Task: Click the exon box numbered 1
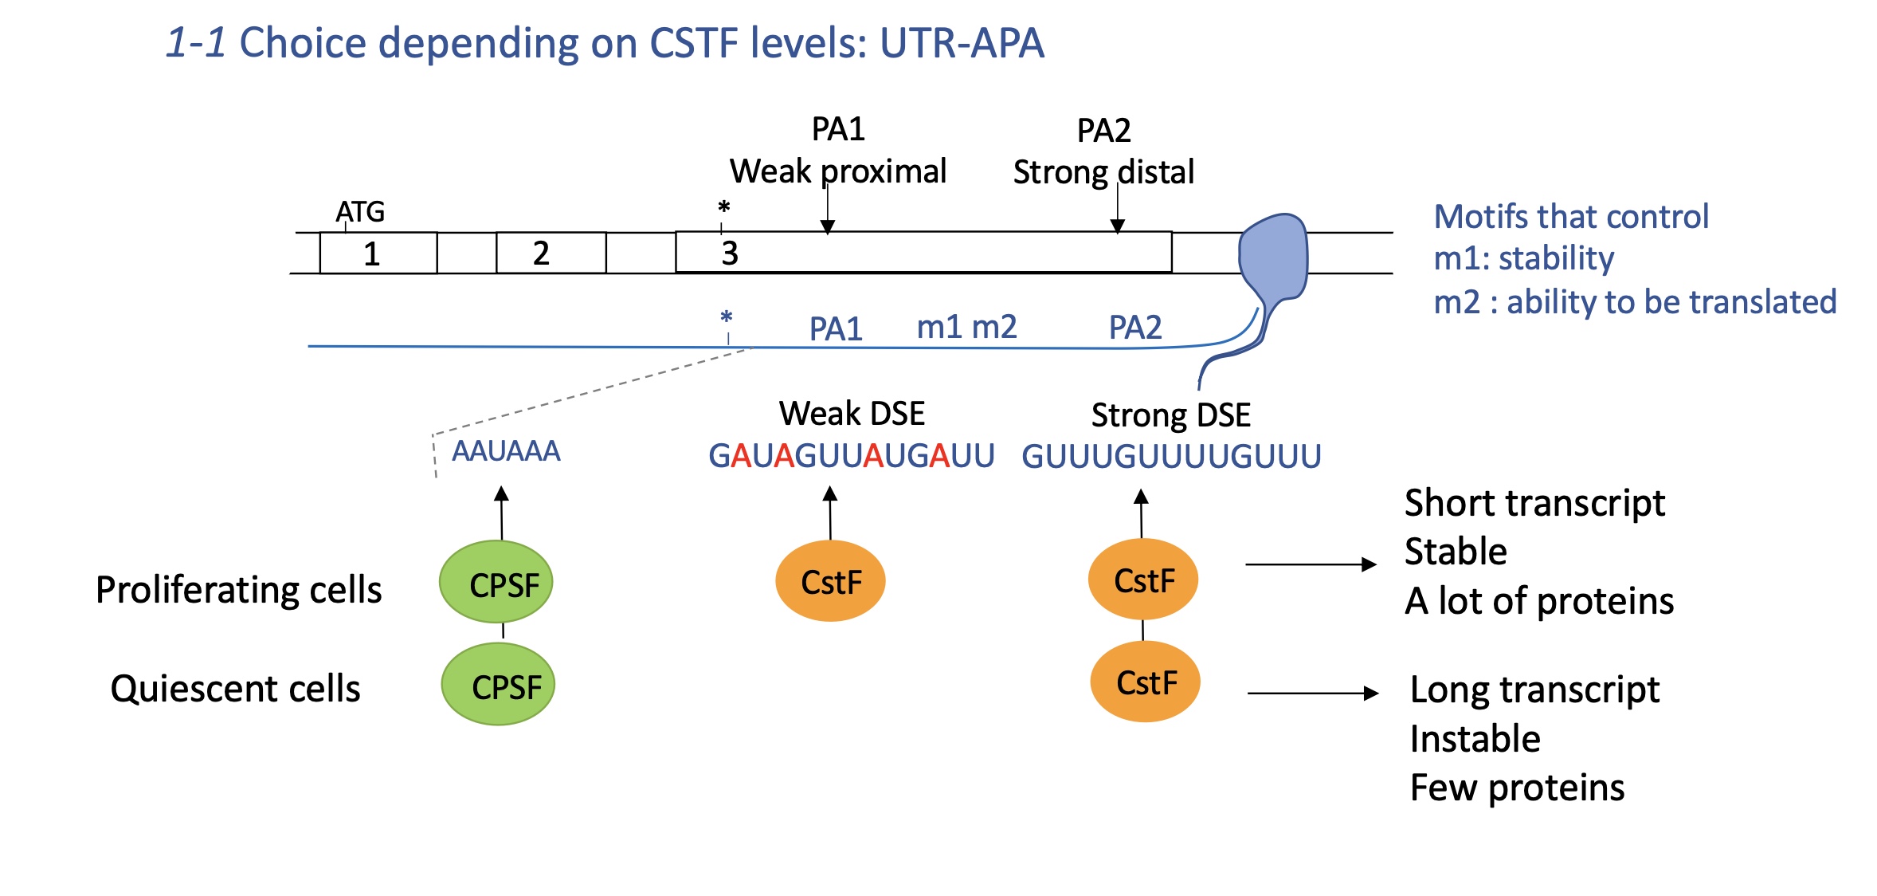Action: pyautogui.click(x=378, y=253)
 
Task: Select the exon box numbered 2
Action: pyautogui.click(x=551, y=253)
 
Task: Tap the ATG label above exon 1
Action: pyautogui.click(x=360, y=212)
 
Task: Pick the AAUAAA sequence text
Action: pyautogui.click(x=506, y=451)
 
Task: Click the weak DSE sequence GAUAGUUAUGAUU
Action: pyautogui.click(x=852, y=456)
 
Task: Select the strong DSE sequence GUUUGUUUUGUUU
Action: pyautogui.click(x=1171, y=457)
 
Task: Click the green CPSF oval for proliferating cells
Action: pyautogui.click(x=496, y=583)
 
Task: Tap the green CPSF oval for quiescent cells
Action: pyautogui.click(x=498, y=685)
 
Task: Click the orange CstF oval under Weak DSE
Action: pyautogui.click(x=830, y=581)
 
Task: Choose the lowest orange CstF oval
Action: pyautogui.click(x=1145, y=682)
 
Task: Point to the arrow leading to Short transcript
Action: pyautogui.click(x=1311, y=564)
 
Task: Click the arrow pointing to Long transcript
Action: pyautogui.click(x=1312, y=694)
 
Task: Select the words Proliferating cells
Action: pyautogui.click(x=238, y=590)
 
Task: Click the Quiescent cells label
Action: pyautogui.click(x=235, y=689)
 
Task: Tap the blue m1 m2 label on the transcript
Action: pyautogui.click(x=966, y=327)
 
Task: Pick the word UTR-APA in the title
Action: pyautogui.click(x=962, y=43)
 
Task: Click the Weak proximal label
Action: pyautogui.click(x=838, y=171)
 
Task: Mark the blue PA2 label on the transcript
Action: pyautogui.click(x=1135, y=328)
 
